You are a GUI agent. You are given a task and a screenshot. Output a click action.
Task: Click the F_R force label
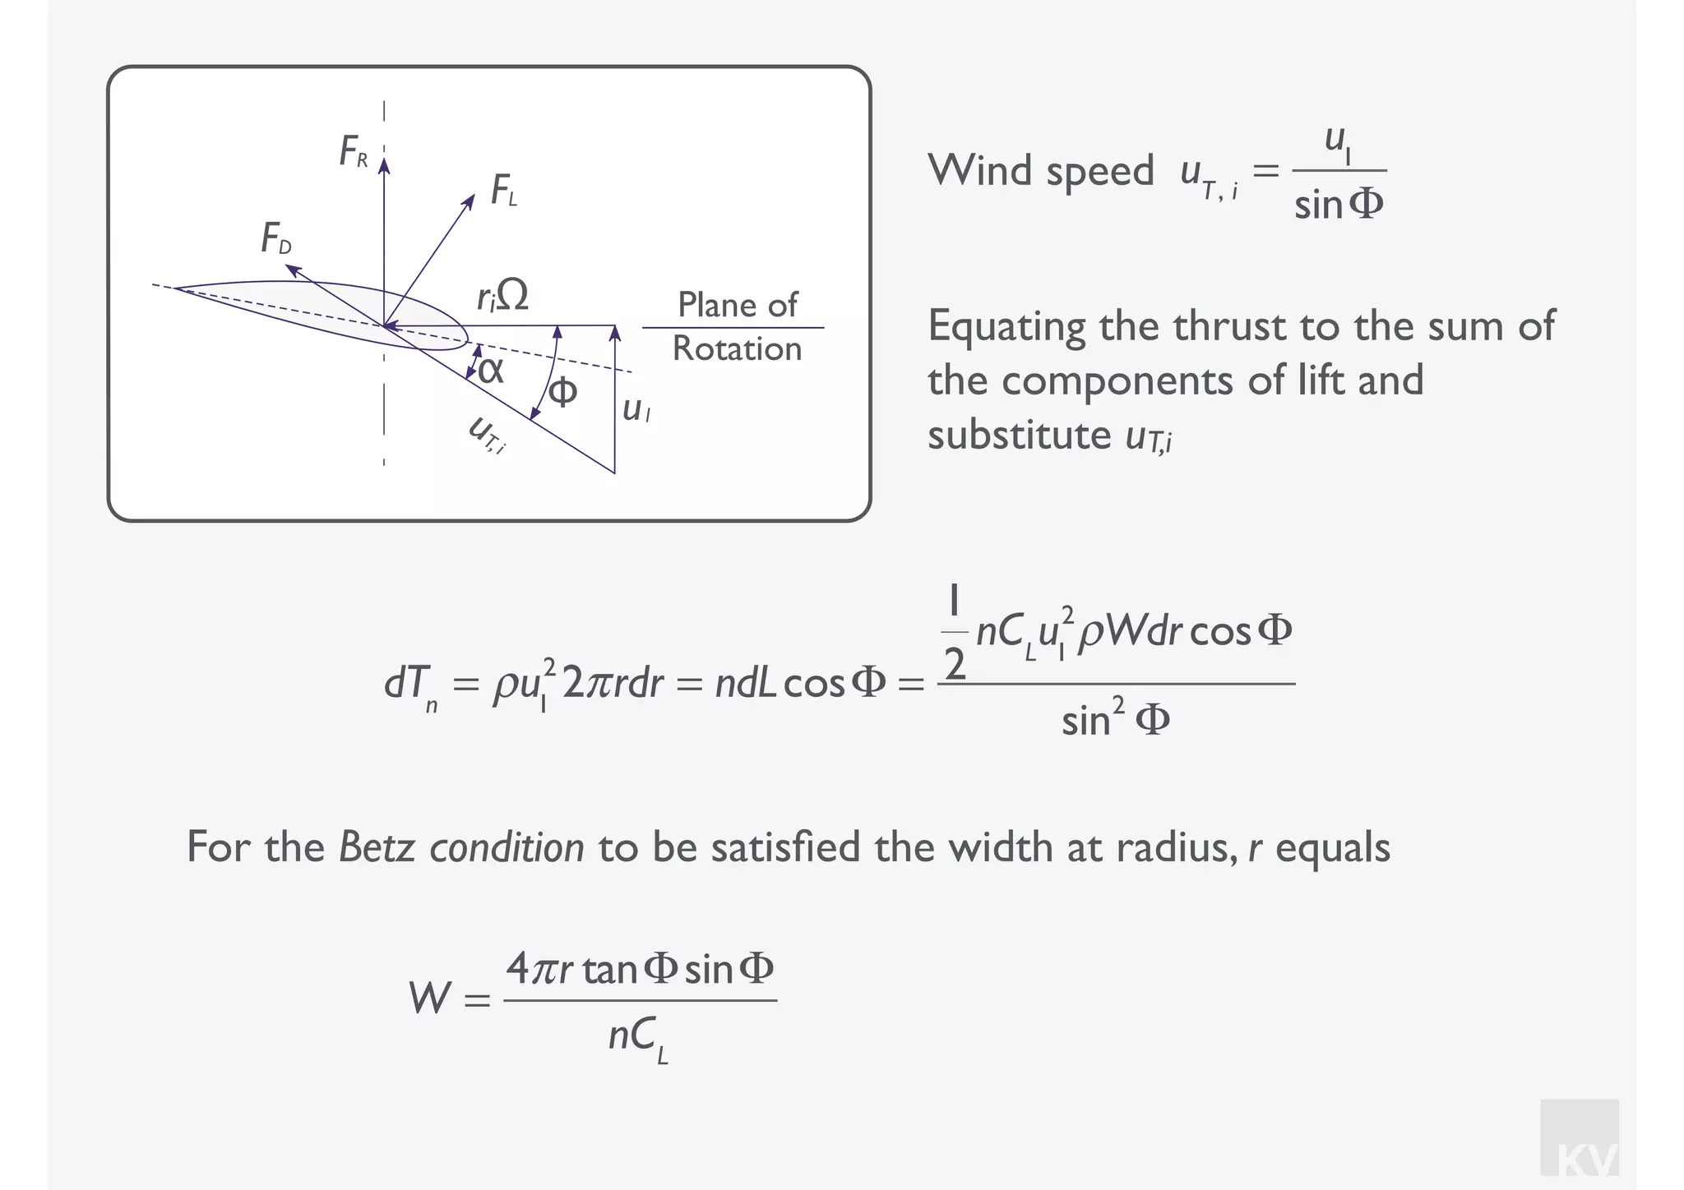354,152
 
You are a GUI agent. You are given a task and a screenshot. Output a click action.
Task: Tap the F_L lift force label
503,191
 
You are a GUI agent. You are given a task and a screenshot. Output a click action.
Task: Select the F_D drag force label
276,240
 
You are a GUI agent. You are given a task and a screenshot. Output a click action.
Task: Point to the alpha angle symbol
490,371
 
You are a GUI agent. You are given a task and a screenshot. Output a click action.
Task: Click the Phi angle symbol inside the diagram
562,392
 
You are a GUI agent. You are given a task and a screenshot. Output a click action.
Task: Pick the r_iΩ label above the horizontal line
502,296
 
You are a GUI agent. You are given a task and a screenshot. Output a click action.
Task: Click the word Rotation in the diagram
737,349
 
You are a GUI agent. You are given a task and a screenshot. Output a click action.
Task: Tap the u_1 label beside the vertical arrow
636,409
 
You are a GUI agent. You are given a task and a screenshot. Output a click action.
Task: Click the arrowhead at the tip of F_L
470,199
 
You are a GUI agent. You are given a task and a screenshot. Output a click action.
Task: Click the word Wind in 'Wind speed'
979,171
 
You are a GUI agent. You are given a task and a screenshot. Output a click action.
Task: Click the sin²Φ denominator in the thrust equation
1115,720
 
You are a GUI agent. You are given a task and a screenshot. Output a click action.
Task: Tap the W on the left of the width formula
430,999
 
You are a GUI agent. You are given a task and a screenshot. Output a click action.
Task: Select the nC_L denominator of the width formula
638,1039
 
